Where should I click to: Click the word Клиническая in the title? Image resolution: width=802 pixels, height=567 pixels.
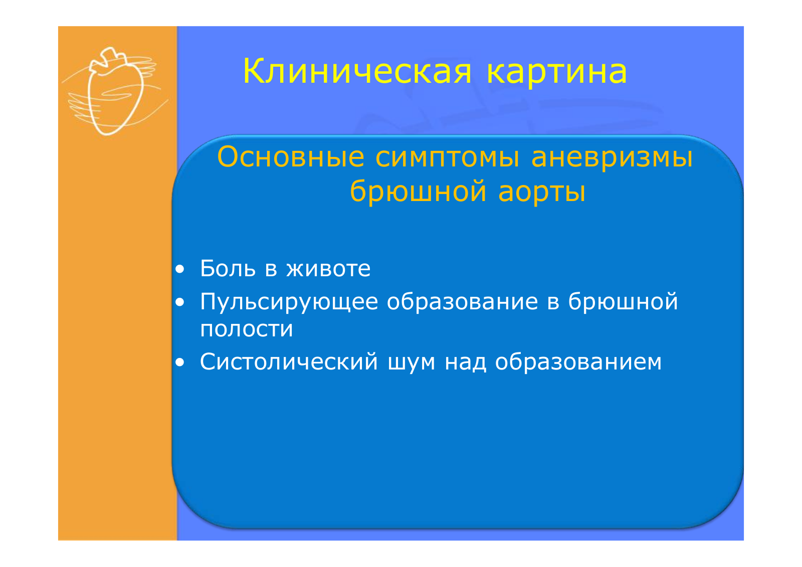357,71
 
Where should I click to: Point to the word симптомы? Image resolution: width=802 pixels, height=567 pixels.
447,158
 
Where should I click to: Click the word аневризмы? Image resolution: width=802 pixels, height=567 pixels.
612,158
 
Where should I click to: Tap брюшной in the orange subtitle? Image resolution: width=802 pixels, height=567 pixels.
418,192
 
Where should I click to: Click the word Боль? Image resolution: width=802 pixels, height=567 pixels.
228,268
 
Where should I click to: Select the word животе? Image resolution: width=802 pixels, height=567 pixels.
328,269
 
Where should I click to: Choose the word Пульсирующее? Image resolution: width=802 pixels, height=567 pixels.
289,302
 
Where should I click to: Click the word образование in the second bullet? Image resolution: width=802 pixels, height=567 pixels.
462,301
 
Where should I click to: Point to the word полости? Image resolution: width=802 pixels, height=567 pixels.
246,329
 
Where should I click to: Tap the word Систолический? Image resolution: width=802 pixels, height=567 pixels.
289,361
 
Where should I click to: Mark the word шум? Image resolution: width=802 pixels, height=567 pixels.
412,363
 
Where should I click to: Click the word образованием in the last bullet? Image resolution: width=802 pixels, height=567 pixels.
578,361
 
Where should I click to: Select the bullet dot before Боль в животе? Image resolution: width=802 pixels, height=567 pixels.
180,269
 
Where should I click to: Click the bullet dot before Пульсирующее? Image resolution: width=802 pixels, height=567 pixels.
180,303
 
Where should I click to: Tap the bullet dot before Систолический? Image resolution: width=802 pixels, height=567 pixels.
180,362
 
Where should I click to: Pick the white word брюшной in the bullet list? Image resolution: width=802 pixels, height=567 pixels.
623,302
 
